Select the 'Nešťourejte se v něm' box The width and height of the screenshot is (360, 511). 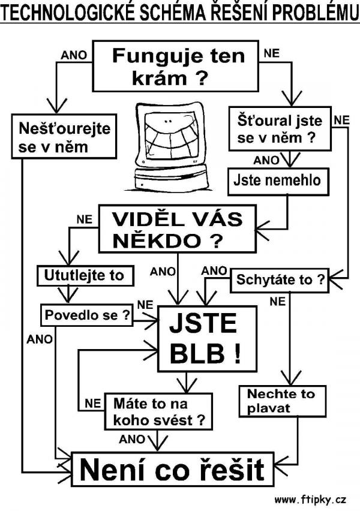64,137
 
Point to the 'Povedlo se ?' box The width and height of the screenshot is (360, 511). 86,314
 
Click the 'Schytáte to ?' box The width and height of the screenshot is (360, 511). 280,279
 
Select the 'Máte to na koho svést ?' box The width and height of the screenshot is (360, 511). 158,411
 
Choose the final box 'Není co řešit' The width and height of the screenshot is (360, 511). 172,470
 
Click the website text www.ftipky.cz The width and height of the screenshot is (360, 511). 311,499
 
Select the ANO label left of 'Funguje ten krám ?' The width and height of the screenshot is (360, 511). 74,55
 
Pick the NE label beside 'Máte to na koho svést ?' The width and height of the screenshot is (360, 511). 92,403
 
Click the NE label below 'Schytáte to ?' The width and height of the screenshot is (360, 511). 277,302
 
